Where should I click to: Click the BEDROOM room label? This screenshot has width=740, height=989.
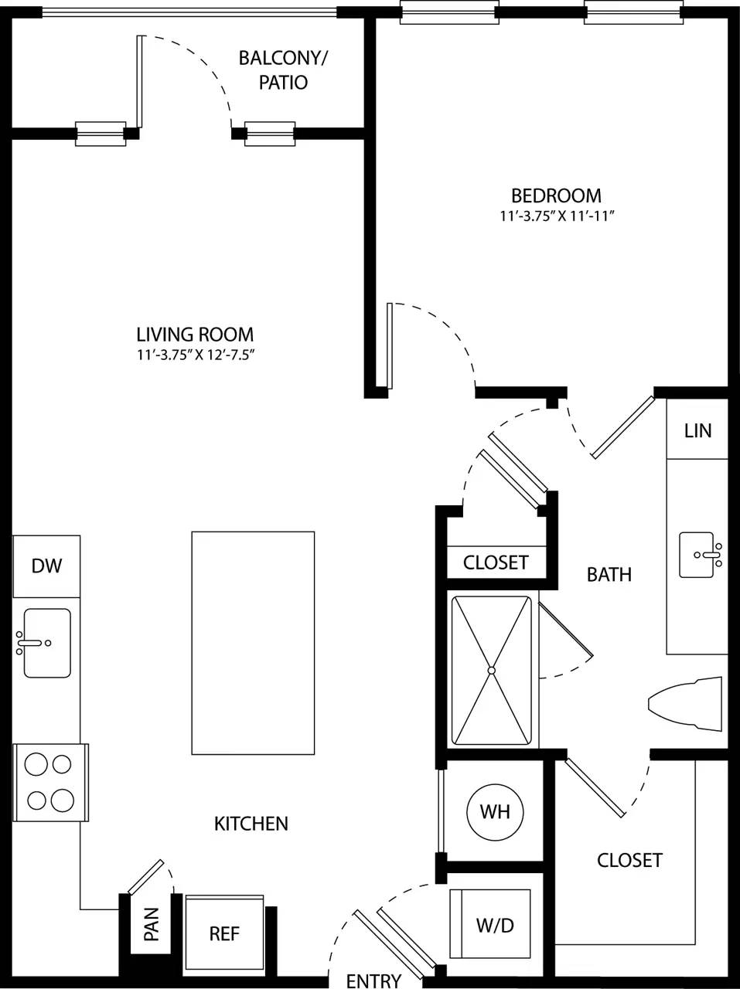[556, 195]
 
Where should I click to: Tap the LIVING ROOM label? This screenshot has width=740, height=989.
[195, 335]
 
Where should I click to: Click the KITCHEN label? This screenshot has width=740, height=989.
[251, 824]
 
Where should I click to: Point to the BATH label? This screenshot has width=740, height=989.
[609, 574]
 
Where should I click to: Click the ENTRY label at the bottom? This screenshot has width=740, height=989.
[373, 981]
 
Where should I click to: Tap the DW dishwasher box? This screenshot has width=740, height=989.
[46, 566]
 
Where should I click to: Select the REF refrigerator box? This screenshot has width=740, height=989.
[224, 933]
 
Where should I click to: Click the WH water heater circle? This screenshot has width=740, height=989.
[495, 812]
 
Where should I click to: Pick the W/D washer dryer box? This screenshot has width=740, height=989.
[495, 925]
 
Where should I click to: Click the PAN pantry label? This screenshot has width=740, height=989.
[152, 924]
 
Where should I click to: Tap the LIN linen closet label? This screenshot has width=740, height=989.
[697, 430]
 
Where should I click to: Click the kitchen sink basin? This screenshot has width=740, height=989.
[47, 643]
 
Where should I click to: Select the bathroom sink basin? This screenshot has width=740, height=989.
[702, 555]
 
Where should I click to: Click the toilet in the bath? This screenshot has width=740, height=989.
[687, 703]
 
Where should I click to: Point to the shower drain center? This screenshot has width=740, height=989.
[492, 670]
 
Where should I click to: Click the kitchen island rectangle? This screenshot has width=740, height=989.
[253, 643]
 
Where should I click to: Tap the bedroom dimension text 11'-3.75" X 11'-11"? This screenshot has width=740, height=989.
[556, 217]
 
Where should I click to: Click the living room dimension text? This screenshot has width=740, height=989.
[195, 355]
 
